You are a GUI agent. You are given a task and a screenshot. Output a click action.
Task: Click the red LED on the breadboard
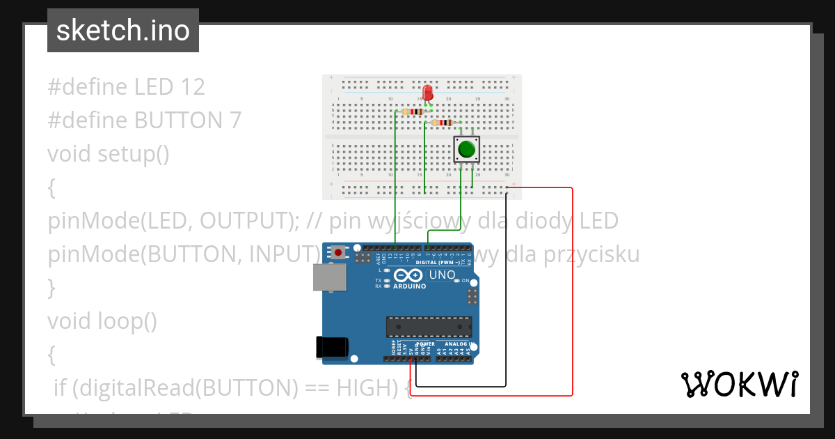click(427, 92)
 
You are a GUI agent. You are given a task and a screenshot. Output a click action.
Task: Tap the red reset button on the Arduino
click(339, 252)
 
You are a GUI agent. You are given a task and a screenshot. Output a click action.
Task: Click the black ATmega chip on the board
click(429, 327)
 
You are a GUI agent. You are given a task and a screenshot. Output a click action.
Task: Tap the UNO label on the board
click(442, 275)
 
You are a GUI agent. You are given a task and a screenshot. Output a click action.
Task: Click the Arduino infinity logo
click(409, 276)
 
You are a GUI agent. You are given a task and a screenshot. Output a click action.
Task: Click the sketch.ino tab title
click(123, 31)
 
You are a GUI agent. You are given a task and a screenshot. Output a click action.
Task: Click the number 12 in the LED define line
click(192, 87)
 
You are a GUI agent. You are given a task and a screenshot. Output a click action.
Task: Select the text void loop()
click(102, 321)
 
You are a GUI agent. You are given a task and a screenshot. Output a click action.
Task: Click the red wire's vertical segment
click(572, 293)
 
